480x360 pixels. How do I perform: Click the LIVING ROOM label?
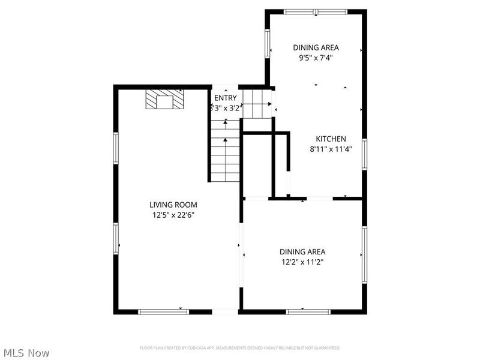point(173,205)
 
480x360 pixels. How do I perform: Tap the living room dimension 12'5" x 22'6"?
point(173,215)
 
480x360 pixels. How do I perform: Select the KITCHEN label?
point(331,139)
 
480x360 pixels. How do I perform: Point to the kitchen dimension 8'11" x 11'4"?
point(331,149)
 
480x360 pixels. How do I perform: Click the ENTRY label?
point(226,98)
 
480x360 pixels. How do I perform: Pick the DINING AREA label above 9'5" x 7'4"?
point(316,47)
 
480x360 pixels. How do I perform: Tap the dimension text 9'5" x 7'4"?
point(316,58)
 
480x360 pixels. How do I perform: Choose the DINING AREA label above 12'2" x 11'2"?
point(302,252)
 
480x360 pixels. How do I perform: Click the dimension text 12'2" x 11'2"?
point(302,262)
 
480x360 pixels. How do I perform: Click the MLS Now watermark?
point(26,353)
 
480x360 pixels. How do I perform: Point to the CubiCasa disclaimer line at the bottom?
point(240,348)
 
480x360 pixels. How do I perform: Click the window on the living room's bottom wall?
point(163,311)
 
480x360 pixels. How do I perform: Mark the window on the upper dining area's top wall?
point(316,11)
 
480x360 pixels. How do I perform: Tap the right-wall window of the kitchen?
point(364,154)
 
